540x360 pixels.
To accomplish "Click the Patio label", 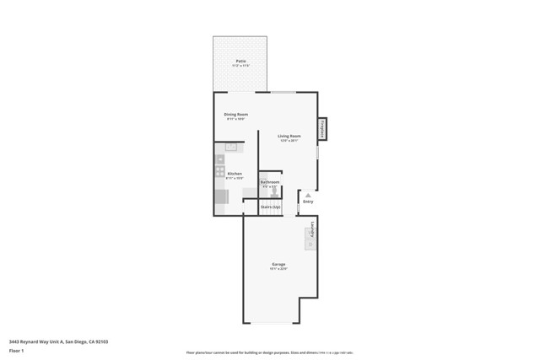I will pos(240,62).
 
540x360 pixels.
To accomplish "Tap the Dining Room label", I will pos(235,114).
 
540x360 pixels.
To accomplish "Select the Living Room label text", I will pos(289,136).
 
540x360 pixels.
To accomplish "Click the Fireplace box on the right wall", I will pos(321,129).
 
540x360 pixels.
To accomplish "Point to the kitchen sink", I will pos(230,148).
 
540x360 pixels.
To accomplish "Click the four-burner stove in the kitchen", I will pos(219,171).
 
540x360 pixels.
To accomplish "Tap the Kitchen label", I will pos(235,174).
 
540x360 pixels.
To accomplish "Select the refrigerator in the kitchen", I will pos(221,196).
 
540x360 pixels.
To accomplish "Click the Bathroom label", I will pos(269,182).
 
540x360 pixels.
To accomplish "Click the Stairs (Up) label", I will pos(270,207).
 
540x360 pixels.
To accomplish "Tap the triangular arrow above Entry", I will pos(308,195).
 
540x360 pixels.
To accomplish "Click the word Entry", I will pos(308,201).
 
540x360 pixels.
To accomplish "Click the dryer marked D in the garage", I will pos(310,244).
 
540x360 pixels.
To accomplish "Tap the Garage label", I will pos(278,265).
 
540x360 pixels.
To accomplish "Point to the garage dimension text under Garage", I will pos(278,270).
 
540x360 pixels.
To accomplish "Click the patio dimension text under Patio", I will pos(240,67).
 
